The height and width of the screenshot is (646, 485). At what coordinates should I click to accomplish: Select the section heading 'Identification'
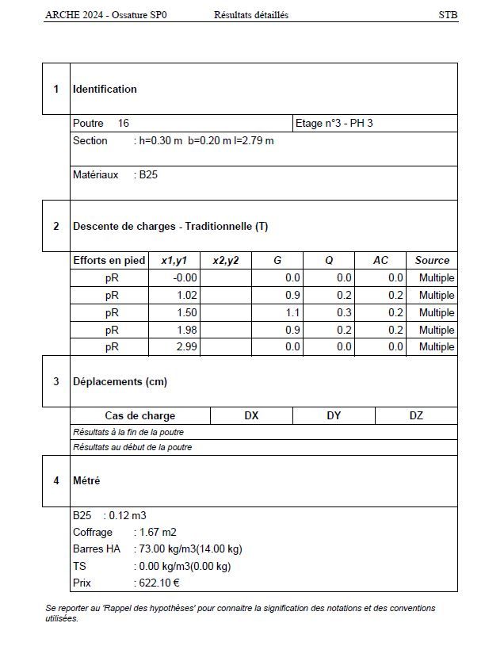(105, 90)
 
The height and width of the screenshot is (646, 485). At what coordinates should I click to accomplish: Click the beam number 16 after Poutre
(124, 124)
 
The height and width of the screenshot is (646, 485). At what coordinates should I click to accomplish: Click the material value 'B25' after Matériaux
(148, 175)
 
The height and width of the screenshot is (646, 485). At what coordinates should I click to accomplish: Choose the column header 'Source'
(432, 261)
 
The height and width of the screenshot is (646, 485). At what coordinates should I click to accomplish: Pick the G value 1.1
(293, 313)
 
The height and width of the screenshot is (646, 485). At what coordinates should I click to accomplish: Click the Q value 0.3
(344, 313)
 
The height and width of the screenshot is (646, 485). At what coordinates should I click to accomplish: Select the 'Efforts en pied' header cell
(109, 261)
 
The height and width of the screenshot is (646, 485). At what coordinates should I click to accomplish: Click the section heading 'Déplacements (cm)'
(120, 382)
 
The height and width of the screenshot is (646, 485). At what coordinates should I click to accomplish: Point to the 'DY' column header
(334, 416)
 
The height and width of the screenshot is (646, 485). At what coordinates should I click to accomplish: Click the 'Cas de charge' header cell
(140, 416)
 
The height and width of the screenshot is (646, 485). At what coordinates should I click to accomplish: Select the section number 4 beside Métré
(55, 480)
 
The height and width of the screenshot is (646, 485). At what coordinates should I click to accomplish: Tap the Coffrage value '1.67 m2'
(157, 532)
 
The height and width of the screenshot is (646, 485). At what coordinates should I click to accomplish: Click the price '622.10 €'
(159, 583)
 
